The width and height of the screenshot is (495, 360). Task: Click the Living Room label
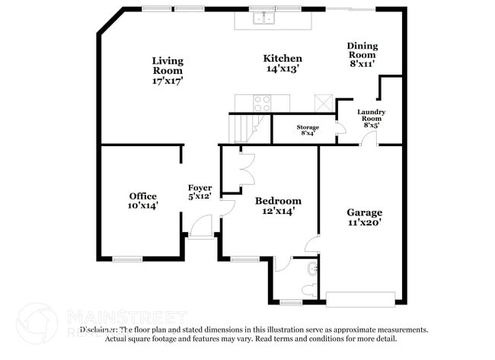[167, 69]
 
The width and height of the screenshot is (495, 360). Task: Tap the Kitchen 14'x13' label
[282, 63]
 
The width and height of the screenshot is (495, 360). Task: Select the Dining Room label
[362, 55]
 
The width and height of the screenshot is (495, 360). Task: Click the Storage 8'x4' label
[308, 130]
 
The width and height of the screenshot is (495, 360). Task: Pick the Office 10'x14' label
[142, 200]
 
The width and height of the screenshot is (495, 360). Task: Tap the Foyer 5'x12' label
[200, 192]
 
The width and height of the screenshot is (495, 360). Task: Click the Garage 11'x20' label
[364, 218]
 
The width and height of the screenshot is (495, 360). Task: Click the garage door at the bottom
[361, 298]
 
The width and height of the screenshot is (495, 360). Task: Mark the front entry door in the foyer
[201, 227]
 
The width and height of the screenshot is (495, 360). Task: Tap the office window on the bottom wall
[127, 259]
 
